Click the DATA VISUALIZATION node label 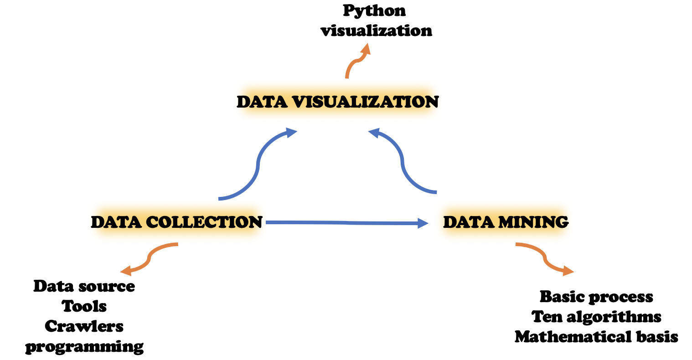point(337,102)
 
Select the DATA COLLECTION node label point(177,222)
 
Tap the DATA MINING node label point(506,222)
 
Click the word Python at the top point(374,10)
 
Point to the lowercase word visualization point(376,31)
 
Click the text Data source point(84,286)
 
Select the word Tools point(84,306)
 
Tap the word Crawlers point(84,326)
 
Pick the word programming point(84,347)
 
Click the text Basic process point(596,297)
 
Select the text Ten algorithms point(596,317)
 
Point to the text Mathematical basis point(596,337)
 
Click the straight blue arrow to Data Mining point(346,223)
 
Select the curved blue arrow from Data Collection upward point(258,166)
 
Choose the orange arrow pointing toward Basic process point(545,258)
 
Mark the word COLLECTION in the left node point(204,222)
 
